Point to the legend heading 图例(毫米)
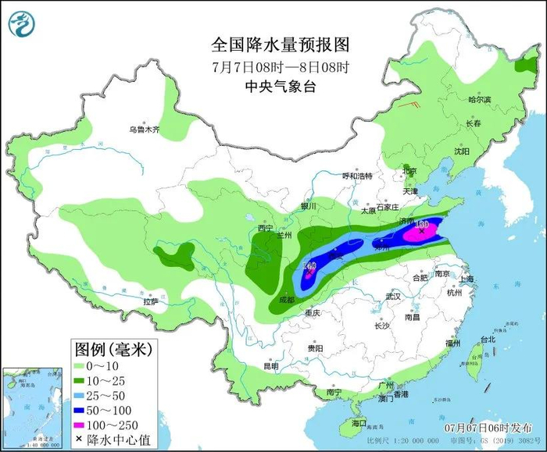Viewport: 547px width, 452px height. coord(113,347)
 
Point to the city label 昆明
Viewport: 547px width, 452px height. coord(270,365)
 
